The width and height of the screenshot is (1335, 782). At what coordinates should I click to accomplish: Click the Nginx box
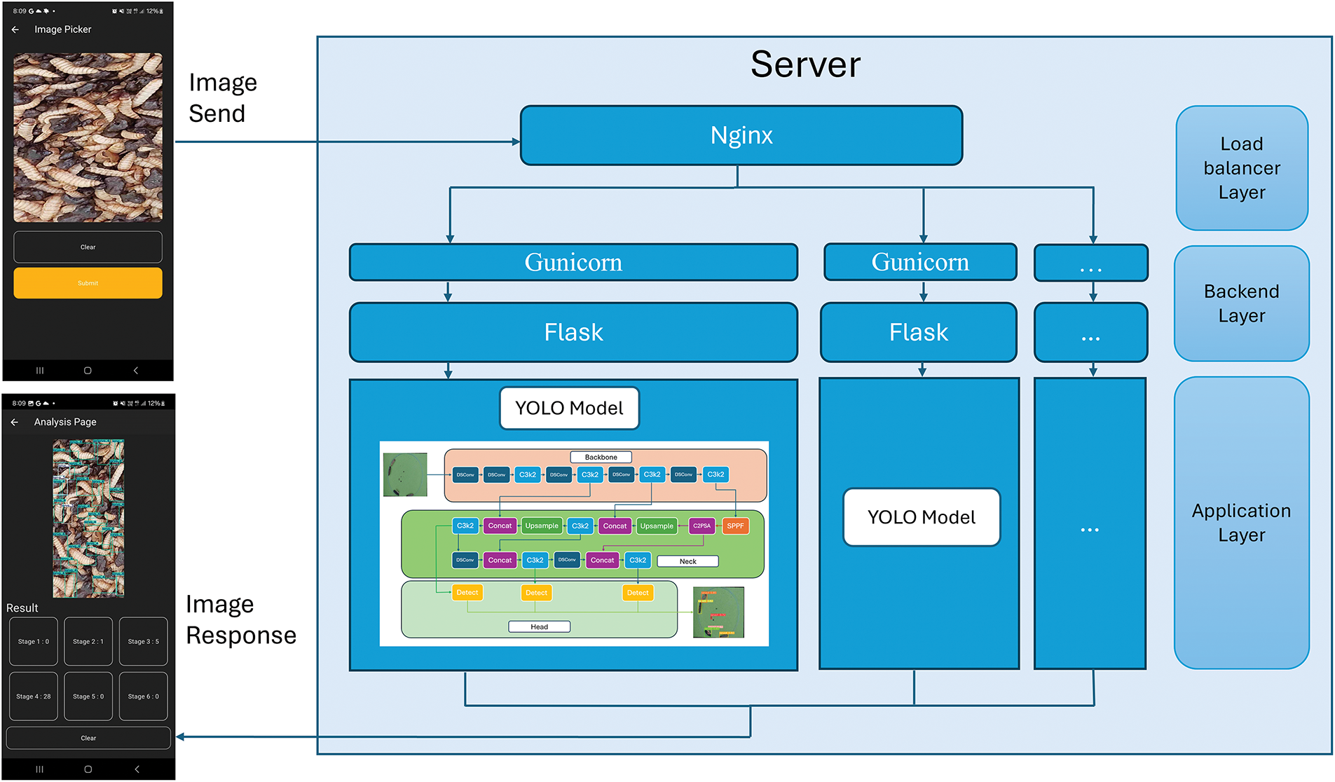pos(741,135)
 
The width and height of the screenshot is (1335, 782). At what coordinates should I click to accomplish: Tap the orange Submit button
pos(88,283)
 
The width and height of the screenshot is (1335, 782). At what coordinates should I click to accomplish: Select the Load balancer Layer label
pos(1242,168)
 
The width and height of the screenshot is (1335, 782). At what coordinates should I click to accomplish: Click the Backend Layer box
pos(1241,303)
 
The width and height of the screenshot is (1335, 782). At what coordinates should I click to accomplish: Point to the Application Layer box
pos(1241,523)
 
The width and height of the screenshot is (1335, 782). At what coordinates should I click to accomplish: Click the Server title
pos(805,64)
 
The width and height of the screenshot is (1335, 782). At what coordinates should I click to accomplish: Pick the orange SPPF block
pos(735,526)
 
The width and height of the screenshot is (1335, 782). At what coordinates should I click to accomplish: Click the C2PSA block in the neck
pos(701,526)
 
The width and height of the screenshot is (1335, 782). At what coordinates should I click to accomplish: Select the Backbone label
pos(601,457)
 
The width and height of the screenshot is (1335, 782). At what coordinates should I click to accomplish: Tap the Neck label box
pos(687,561)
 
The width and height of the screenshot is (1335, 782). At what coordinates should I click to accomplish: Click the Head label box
pos(539,626)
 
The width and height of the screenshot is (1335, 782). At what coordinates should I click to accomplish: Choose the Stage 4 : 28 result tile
pos(34,697)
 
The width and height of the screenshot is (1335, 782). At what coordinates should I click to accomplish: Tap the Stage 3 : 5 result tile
pos(143,641)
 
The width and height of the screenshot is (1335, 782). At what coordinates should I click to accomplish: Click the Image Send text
pos(222,98)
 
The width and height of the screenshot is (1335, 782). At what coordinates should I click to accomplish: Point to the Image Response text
pos(240,619)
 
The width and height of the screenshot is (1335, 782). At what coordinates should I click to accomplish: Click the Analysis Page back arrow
pos(15,423)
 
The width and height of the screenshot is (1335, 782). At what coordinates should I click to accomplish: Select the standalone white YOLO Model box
pos(922,517)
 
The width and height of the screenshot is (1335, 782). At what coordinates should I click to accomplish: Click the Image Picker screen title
pos(63,29)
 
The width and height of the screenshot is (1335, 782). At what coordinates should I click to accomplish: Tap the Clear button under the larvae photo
pos(88,247)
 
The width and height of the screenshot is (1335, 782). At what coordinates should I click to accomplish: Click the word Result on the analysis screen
pos(22,608)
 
